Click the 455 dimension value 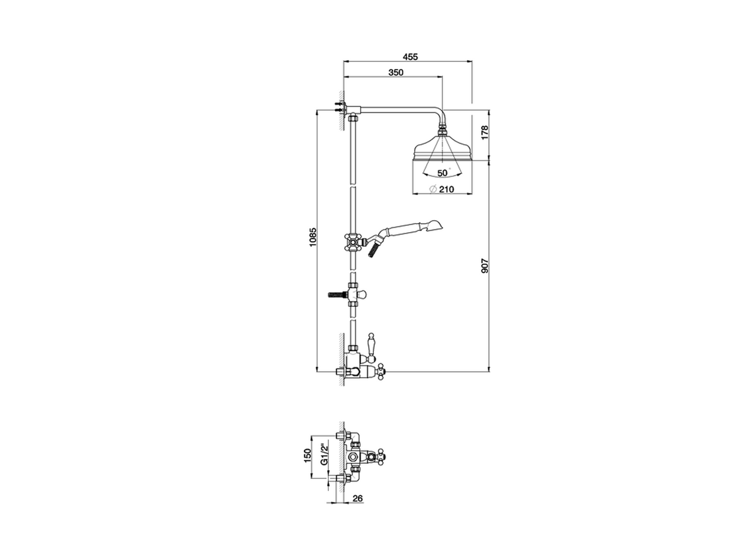click(410, 57)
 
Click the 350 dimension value click(395, 72)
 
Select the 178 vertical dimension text click(485, 133)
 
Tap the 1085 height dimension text click(313, 238)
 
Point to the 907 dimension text click(485, 266)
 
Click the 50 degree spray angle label click(443, 173)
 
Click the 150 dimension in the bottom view click(307, 455)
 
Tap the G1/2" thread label click(325, 455)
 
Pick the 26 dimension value click(357, 498)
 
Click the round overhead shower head click(442, 149)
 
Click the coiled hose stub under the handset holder click(373, 250)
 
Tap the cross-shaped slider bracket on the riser click(352, 242)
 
